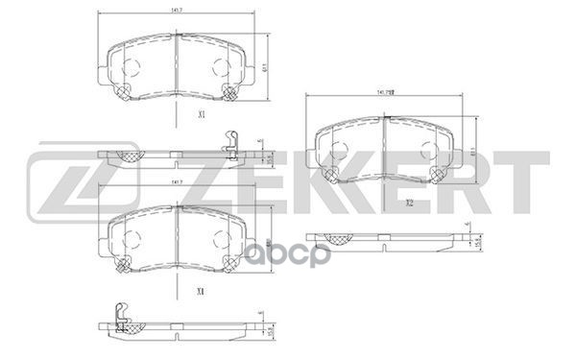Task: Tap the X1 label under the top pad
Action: [201, 114]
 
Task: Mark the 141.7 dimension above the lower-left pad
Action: [177, 182]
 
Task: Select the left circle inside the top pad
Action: [132, 66]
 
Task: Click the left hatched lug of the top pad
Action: [122, 93]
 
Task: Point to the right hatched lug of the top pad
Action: [231, 93]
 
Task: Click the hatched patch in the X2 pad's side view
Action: [337, 239]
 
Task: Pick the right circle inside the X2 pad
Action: [428, 148]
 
